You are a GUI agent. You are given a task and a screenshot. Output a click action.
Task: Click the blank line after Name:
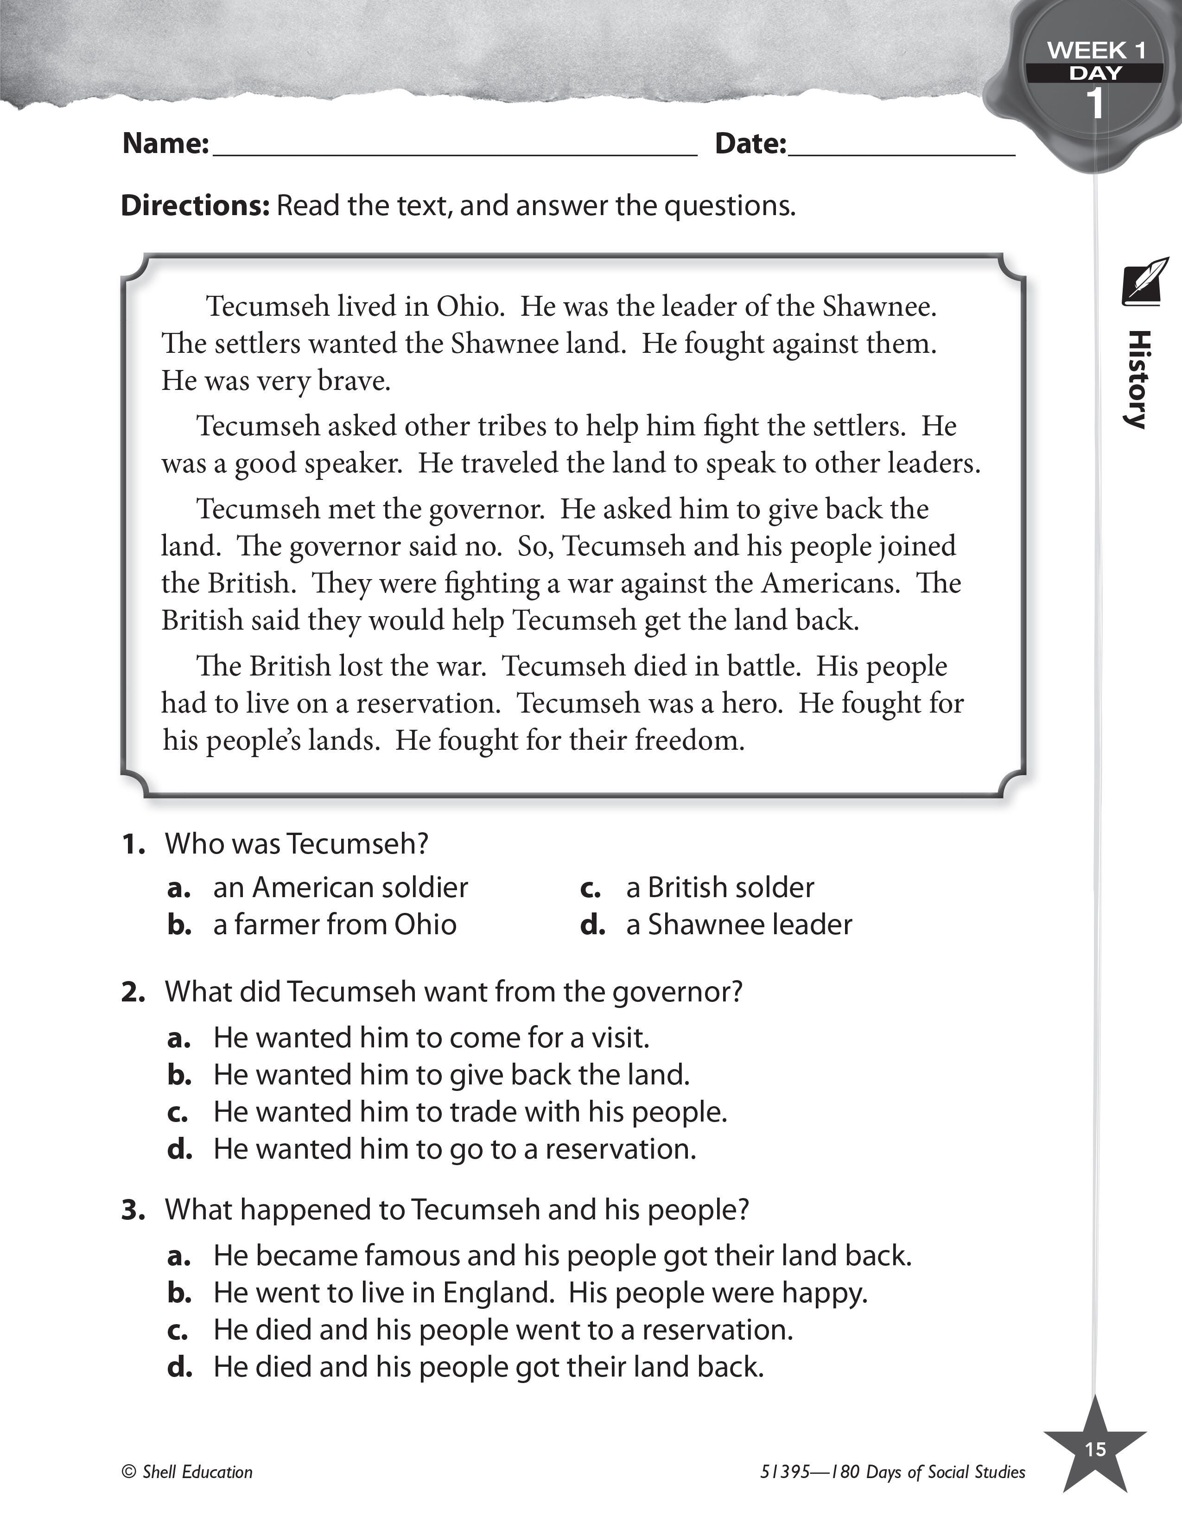tap(455, 148)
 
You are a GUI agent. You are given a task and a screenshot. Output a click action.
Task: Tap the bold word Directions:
tap(195, 206)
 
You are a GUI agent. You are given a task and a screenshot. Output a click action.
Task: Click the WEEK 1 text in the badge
tap(1096, 51)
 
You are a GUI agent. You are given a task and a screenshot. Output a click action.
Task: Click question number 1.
tap(133, 844)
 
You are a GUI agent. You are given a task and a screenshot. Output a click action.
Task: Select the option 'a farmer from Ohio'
tap(335, 925)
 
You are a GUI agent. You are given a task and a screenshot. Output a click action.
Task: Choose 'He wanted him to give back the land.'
tap(451, 1075)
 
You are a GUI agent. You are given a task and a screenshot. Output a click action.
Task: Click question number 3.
tap(133, 1210)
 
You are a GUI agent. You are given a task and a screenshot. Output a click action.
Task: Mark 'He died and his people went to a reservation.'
tap(503, 1330)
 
